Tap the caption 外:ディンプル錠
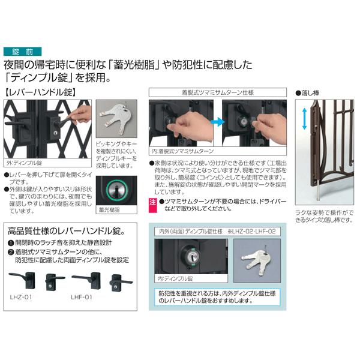(x=25, y=162)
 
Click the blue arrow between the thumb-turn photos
(x=217, y=123)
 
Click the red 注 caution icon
(x=152, y=203)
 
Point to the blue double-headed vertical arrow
(x=305, y=117)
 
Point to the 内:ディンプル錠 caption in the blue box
(x=175, y=279)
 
